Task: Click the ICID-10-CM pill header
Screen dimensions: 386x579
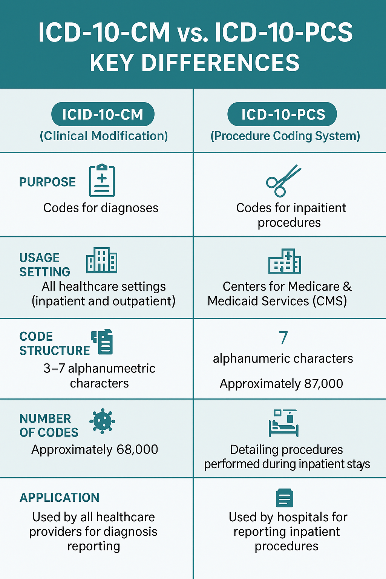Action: pyautogui.click(x=103, y=114)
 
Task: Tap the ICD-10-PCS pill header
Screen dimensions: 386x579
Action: pyautogui.click(x=282, y=114)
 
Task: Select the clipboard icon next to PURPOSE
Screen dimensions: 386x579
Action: pyautogui.click(x=102, y=180)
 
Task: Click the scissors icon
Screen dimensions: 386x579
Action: pyautogui.click(x=283, y=181)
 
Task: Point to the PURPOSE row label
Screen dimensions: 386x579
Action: pyautogui.click(x=47, y=182)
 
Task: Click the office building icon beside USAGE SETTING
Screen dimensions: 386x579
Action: pyautogui.click(x=102, y=260)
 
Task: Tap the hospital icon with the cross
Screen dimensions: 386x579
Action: pyautogui.click(x=285, y=261)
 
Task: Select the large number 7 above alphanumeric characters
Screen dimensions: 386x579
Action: pyautogui.click(x=283, y=338)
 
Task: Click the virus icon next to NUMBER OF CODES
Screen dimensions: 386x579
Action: pyautogui.click(x=103, y=421)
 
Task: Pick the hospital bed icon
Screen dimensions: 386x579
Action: pyautogui.click(x=283, y=423)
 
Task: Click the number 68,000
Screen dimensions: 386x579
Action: pyautogui.click(x=137, y=449)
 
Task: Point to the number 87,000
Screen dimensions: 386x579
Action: pyautogui.click(x=323, y=384)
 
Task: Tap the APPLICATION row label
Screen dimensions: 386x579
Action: pyautogui.click(x=60, y=498)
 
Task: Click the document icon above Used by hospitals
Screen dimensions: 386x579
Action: pyautogui.click(x=285, y=498)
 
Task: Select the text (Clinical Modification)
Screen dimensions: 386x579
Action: pyautogui.click(x=104, y=136)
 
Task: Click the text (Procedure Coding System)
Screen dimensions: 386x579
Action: pyautogui.click(x=285, y=136)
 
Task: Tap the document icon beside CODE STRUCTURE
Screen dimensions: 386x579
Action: pyautogui.click(x=102, y=342)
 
